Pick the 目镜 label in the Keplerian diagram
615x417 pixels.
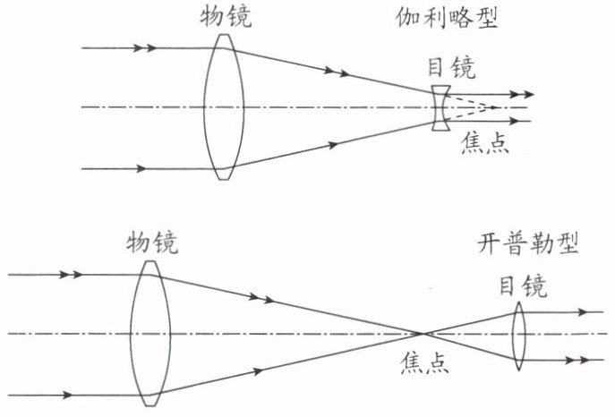[x=522, y=286]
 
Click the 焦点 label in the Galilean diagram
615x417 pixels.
[x=484, y=142]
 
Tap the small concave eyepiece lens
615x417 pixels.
[x=438, y=108]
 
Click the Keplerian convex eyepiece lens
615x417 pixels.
[x=519, y=336]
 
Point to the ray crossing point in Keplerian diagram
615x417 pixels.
[x=424, y=334]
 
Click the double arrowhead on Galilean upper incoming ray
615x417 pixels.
[x=151, y=47]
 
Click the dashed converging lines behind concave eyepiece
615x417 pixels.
[x=470, y=107]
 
